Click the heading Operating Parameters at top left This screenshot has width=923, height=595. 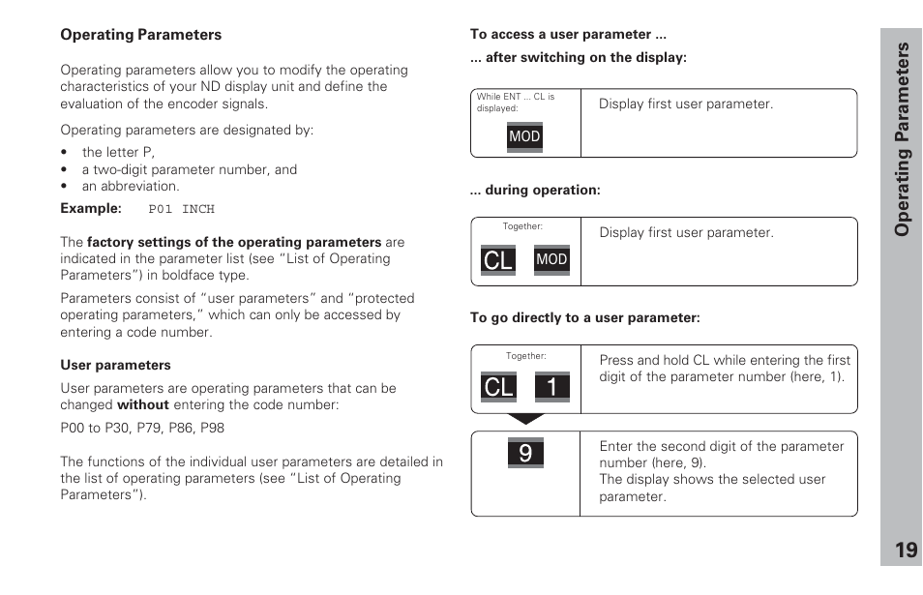coord(140,35)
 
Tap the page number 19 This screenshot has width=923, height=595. coord(905,550)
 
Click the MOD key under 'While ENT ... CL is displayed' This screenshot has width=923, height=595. coord(524,136)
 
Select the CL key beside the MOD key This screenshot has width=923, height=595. coord(498,259)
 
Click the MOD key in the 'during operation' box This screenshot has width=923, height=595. coord(551,259)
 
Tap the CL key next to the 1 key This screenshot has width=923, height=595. coord(498,387)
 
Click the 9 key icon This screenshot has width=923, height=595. coord(525,452)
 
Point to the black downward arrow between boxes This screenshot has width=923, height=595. coord(526,420)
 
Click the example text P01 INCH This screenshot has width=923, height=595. coord(181,209)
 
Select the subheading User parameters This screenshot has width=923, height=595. coord(115,365)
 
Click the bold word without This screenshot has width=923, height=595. coord(142,405)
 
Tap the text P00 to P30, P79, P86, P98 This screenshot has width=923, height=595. coord(142,428)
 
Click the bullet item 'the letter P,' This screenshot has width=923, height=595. coord(118,152)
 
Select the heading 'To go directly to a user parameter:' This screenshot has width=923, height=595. coord(584,317)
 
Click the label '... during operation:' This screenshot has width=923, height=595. coord(535,191)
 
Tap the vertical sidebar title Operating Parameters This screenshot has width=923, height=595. coord(902,140)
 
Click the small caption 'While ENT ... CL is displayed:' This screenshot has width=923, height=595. coord(515,103)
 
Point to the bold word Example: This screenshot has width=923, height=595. coord(91,209)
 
